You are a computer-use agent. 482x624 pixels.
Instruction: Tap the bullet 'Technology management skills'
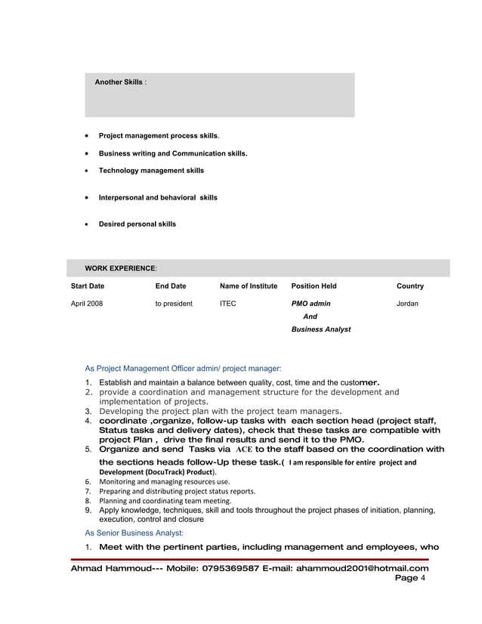pyautogui.click(x=151, y=171)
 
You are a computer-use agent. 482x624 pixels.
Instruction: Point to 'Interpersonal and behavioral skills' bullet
pyautogui.click(x=158, y=197)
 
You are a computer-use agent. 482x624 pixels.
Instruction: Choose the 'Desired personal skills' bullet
pyautogui.click(x=137, y=224)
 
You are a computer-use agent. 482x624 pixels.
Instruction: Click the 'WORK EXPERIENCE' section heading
pyautogui.click(x=121, y=268)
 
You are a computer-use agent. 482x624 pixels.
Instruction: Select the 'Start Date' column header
pyautogui.click(x=88, y=286)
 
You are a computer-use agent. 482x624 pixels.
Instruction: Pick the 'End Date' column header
pyautogui.click(x=171, y=286)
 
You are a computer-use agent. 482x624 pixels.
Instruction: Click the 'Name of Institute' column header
pyautogui.click(x=249, y=286)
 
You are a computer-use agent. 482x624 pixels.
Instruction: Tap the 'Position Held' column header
pyautogui.click(x=314, y=286)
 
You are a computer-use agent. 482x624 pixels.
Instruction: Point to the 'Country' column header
pyautogui.click(x=410, y=286)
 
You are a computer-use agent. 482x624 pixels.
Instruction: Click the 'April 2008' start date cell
pyautogui.click(x=87, y=304)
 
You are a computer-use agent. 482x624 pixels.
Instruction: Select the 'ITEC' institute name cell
pyautogui.click(x=227, y=304)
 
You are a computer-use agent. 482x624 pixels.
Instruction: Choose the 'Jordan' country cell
pyautogui.click(x=407, y=304)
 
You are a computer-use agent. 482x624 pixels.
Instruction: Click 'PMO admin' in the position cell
pyautogui.click(x=311, y=304)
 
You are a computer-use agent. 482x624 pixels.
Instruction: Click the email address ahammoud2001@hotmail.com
pyautogui.click(x=362, y=569)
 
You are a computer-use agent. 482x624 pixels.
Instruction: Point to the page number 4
pyautogui.click(x=423, y=579)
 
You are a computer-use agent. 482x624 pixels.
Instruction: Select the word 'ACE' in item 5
pyautogui.click(x=245, y=449)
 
